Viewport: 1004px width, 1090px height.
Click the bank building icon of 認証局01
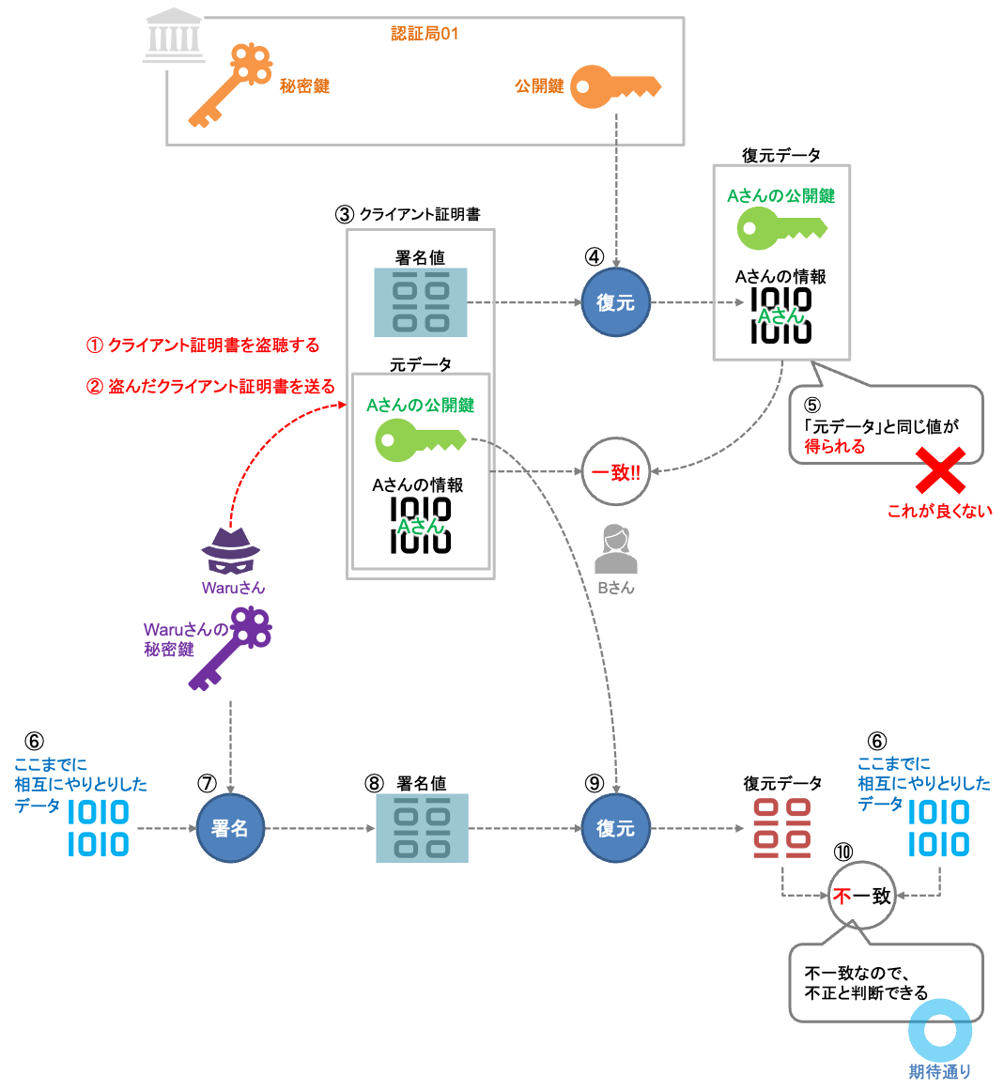174,38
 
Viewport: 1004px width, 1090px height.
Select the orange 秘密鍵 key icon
230,85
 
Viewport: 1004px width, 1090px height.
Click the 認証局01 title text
425,34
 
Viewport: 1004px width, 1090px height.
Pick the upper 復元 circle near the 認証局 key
616,302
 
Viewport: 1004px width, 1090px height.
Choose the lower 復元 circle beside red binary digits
616,828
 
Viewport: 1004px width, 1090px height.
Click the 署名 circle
230,828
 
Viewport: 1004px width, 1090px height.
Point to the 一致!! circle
616,472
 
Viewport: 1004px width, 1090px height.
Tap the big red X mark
940,470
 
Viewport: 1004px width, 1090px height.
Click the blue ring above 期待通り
940,1030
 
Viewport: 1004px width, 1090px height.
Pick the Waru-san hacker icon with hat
231,550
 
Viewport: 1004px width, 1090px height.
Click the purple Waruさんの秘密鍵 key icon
232,648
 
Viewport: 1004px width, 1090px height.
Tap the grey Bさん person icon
616,549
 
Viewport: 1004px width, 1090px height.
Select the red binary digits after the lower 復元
782,828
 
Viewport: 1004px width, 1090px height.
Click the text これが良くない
939,512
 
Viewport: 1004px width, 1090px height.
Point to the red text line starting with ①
203,345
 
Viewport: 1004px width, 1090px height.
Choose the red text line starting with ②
210,387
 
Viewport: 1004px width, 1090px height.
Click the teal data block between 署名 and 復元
422,828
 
